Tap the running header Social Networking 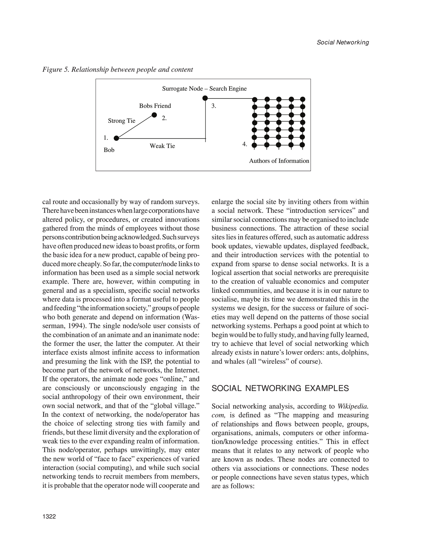pyautogui.click(x=343, y=42)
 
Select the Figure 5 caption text pyautogui.click(x=118, y=70)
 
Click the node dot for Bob pyautogui.click(x=116, y=138)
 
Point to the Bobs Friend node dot pyautogui.click(x=154, y=115)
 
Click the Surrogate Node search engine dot pyautogui.click(x=205, y=98)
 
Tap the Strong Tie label pyautogui.click(x=121, y=121)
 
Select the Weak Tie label pyautogui.click(x=162, y=146)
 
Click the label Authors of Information pyautogui.click(x=279, y=161)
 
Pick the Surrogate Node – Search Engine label pyautogui.click(x=204, y=88)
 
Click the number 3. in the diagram pyautogui.click(x=214, y=106)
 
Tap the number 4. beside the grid pyautogui.click(x=245, y=144)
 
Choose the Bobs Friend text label pyautogui.click(x=155, y=106)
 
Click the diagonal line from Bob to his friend pyautogui.click(x=135, y=127)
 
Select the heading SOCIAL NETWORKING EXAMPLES pyautogui.click(x=280, y=388)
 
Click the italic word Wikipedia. pyautogui.click(x=353, y=406)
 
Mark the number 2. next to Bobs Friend pyautogui.click(x=164, y=118)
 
